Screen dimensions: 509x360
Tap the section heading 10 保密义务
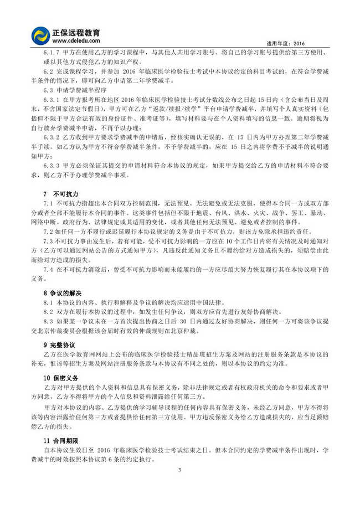point(61,378)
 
